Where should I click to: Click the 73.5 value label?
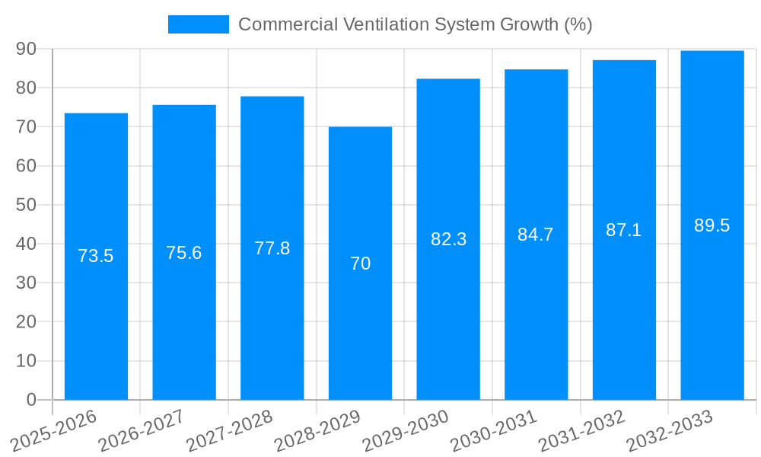tap(96, 256)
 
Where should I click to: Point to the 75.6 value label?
tap(184, 253)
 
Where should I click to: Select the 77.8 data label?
tap(272, 248)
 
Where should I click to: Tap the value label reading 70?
tap(360, 264)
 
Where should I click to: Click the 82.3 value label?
tap(448, 239)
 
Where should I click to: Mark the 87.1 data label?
tap(624, 230)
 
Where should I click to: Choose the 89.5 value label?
tap(712, 225)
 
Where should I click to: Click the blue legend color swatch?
tap(198, 24)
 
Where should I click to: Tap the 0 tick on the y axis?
tap(31, 400)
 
